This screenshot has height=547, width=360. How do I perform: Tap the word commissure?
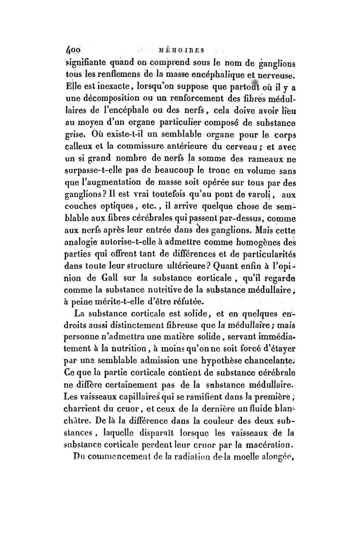(x=151, y=145)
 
